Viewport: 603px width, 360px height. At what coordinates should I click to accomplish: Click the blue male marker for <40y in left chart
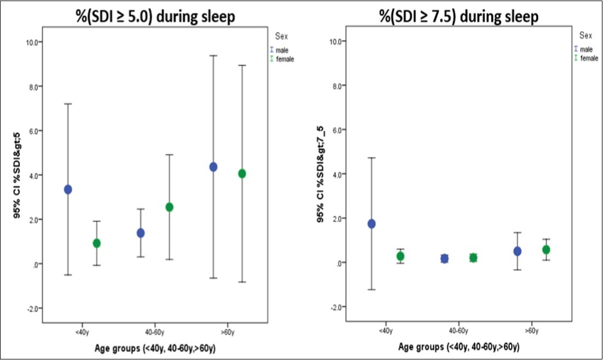pyautogui.click(x=68, y=190)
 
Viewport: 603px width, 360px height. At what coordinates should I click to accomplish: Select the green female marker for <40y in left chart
pyautogui.click(x=96, y=243)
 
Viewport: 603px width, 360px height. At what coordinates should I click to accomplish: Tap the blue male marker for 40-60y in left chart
pyautogui.click(x=140, y=233)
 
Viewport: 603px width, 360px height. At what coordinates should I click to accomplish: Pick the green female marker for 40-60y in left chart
pyautogui.click(x=169, y=207)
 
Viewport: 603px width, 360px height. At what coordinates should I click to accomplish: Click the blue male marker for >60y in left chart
pyautogui.click(x=213, y=167)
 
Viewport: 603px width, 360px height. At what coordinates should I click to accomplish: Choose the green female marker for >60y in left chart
pyautogui.click(x=242, y=174)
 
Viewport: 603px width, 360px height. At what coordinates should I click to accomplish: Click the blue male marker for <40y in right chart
pyautogui.click(x=371, y=224)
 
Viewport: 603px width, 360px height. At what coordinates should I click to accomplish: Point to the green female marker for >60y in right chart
pyautogui.click(x=545, y=250)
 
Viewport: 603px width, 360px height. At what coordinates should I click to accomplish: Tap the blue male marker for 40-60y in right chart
pyautogui.click(x=444, y=259)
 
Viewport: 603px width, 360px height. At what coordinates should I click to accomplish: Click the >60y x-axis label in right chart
pyautogui.click(x=531, y=331)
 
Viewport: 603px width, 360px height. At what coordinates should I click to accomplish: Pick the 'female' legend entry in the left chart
pyautogui.click(x=285, y=59)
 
